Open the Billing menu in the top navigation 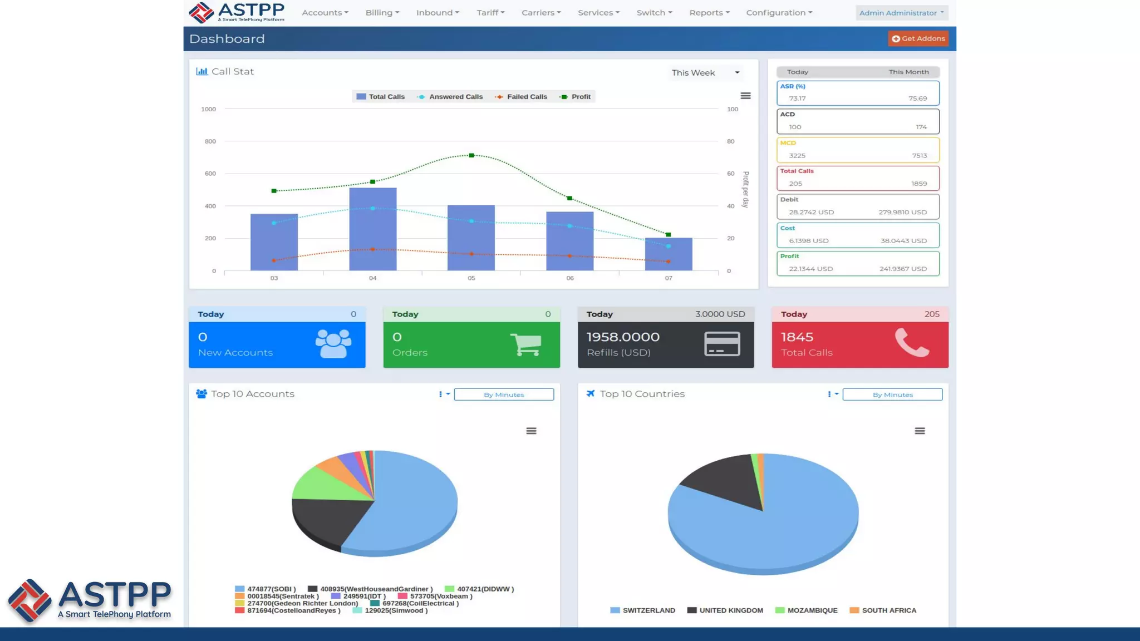[x=382, y=13]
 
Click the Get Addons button [x=918, y=38]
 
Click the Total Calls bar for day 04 [x=372, y=234]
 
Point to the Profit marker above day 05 [x=471, y=155]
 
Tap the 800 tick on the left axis [x=210, y=141]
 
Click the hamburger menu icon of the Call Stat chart [x=745, y=96]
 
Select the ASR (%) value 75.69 [x=917, y=98]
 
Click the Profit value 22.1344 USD [x=810, y=269]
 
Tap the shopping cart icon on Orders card [x=525, y=344]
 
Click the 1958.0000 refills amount [x=623, y=337]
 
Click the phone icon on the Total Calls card [x=911, y=342]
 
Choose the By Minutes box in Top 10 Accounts [x=504, y=395]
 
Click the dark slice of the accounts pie [x=323, y=520]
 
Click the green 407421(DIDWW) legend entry [x=479, y=589]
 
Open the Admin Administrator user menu [x=901, y=13]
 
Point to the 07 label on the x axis [x=668, y=278]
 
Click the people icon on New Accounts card [x=333, y=343]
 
